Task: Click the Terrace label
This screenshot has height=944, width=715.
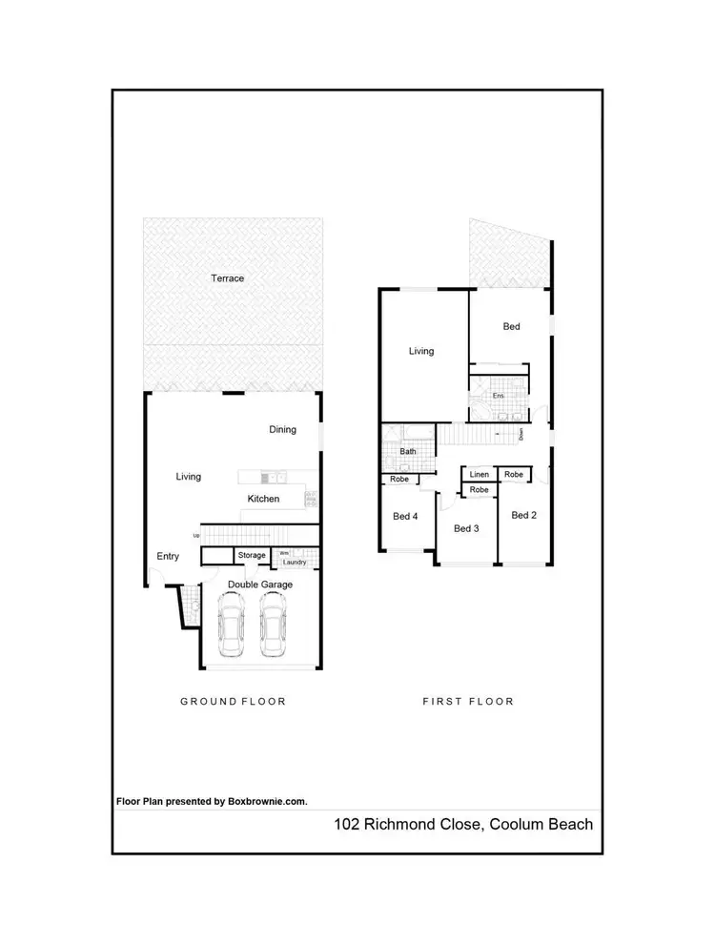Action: [228, 278]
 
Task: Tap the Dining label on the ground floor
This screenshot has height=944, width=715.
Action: [282, 430]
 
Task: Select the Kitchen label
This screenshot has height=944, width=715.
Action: [263, 499]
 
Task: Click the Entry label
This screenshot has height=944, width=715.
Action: [168, 557]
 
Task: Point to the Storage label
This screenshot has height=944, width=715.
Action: [252, 555]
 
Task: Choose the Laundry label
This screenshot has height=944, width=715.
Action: [294, 563]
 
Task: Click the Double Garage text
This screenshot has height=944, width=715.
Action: [259, 585]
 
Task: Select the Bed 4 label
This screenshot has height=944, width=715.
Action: [405, 517]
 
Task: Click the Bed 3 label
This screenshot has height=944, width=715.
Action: [465, 528]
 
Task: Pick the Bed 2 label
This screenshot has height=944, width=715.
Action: [523, 515]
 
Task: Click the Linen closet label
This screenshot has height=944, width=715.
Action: [480, 474]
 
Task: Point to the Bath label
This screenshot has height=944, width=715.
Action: [408, 451]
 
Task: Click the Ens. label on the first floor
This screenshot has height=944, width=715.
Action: [497, 395]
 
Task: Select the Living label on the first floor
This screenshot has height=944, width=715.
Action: [421, 351]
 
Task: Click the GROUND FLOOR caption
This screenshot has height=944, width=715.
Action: [234, 701]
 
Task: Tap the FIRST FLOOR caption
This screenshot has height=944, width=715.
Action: [468, 701]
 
